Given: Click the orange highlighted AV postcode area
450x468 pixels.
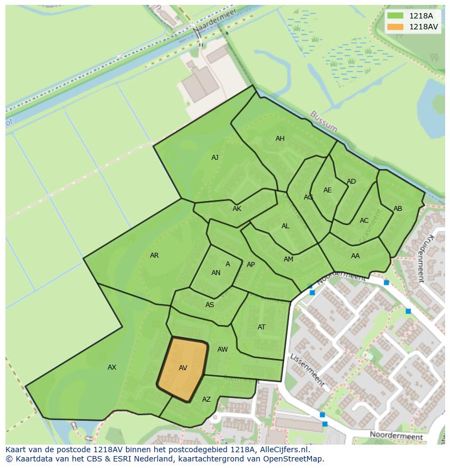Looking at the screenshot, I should coord(183,368).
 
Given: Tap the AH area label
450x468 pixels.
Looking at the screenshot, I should coord(280,139).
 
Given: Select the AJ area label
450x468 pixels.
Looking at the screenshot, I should coord(215,158).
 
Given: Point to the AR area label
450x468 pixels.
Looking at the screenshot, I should coord(154,255).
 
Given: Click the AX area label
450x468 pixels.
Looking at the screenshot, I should coord(112,367).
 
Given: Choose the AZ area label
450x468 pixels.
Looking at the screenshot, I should coord(207,400).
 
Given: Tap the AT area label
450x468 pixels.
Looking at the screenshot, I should coord(261,327).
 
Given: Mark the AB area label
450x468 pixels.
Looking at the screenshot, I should coord(398,209).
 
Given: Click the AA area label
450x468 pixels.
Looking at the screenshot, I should coord(355,256).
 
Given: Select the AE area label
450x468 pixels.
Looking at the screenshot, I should coord(327,190).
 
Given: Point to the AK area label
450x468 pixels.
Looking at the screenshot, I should coord(237,209).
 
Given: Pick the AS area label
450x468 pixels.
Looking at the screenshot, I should coord(210,305).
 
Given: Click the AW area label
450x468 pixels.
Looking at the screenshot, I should coord(222,350).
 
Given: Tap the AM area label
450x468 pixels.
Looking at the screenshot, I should coord(289,259).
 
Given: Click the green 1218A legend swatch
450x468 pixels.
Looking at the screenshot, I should coord(396,16).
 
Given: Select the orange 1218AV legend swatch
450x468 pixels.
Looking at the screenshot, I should coord(396,27).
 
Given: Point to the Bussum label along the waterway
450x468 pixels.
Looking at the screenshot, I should coord(324,122).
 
